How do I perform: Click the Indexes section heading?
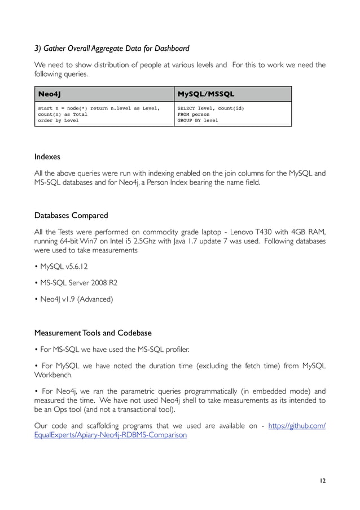point(47,156)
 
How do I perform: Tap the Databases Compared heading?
point(71,215)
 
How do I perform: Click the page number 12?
point(322,481)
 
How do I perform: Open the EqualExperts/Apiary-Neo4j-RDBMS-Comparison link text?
point(110,435)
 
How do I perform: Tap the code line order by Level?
point(59,120)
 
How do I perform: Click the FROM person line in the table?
point(193,114)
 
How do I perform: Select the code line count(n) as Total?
point(62,114)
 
